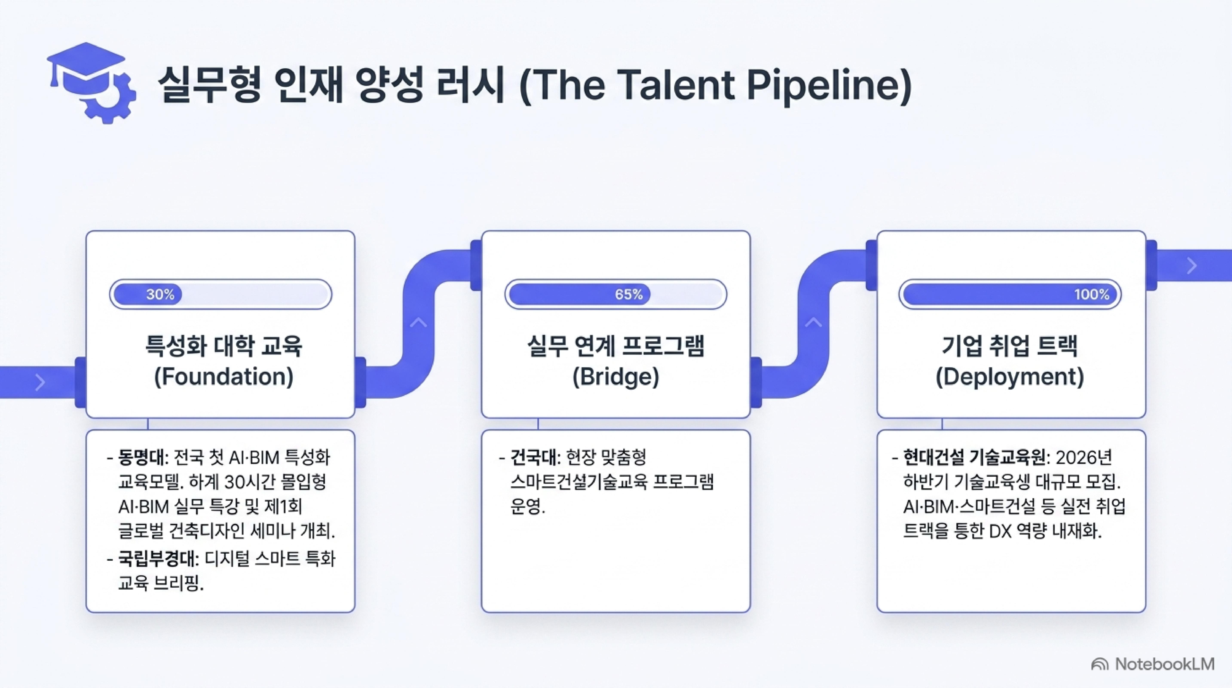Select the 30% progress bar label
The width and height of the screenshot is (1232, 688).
pyautogui.click(x=160, y=294)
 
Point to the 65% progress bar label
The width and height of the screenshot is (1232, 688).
pyautogui.click(x=629, y=294)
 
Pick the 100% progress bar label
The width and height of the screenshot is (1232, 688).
pyautogui.click(x=1092, y=294)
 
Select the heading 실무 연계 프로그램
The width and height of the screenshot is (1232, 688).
pyautogui.click(x=615, y=346)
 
